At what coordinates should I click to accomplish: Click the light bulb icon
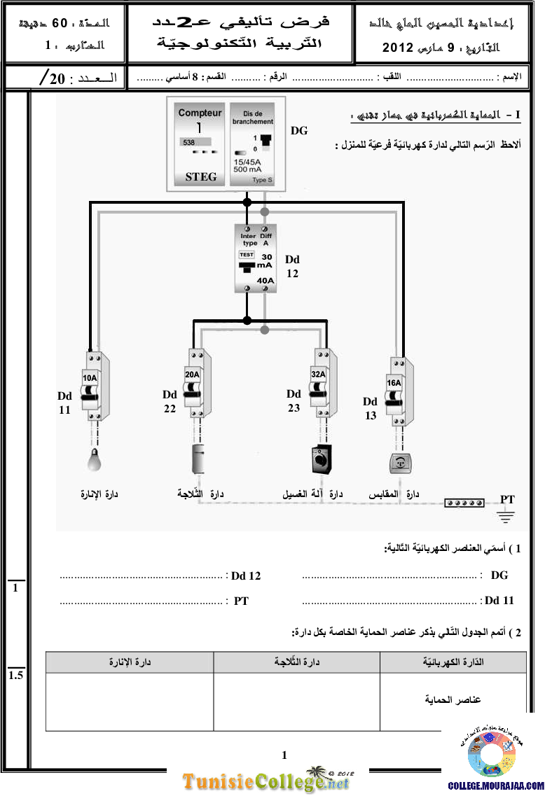[94, 461]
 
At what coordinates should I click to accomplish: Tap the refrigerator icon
[197, 460]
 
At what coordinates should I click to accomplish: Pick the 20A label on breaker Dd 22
[192, 375]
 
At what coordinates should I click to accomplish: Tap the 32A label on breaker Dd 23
[318, 375]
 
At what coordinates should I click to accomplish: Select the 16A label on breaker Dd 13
[394, 383]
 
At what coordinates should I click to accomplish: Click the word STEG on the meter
[200, 176]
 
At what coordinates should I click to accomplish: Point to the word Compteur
[200, 113]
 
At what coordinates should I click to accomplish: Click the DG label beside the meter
[298, 131]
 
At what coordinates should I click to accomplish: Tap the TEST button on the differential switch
[246, 255]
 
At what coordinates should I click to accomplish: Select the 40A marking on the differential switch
[265, 281]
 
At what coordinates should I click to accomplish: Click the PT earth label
[507, 499]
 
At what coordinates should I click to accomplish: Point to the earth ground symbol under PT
[506, 516]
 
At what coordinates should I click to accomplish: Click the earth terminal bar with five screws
[464, 503]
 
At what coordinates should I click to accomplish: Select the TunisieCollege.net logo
[267, 781]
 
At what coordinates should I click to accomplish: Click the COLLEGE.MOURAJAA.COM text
[496, 786]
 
